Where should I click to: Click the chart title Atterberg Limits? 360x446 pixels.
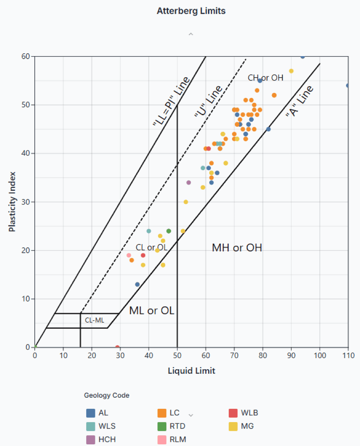(191, 11)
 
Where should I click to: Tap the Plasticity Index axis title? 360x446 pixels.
(12, 202)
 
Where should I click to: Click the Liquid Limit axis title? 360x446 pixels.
(191, 371)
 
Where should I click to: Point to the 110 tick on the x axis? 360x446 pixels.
(348, 355)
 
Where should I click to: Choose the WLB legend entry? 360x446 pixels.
(244, 413)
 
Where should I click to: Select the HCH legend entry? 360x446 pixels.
(99, 440)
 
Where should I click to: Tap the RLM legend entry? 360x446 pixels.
(172, 440)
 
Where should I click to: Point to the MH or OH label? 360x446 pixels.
(237, 248)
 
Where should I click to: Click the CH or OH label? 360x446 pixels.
(265, 78)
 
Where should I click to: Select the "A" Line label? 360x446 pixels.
(299, 101)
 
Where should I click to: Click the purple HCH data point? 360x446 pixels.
(189, 183)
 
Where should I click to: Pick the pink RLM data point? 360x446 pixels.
(129, 255)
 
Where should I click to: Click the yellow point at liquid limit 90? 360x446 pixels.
(291, 71)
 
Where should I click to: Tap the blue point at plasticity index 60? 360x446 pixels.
(303, 57)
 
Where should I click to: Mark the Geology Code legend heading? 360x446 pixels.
(107, 396)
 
